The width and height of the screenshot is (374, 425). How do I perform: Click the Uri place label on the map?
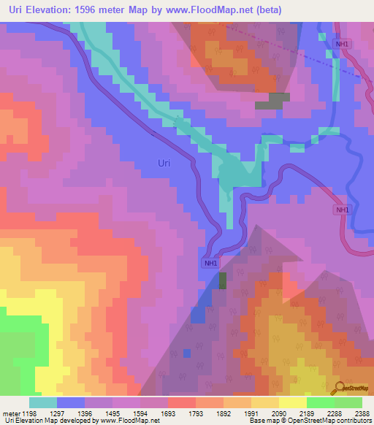(164, 163)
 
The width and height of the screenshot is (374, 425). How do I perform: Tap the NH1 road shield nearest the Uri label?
(210, 263)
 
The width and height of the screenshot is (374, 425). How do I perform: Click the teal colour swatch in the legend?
(43, 402)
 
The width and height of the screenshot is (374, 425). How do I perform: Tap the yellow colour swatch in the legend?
(292, 402)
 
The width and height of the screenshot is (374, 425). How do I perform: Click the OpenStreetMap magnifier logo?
(340, 387)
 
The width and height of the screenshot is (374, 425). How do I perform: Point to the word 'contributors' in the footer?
(351, 421)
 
